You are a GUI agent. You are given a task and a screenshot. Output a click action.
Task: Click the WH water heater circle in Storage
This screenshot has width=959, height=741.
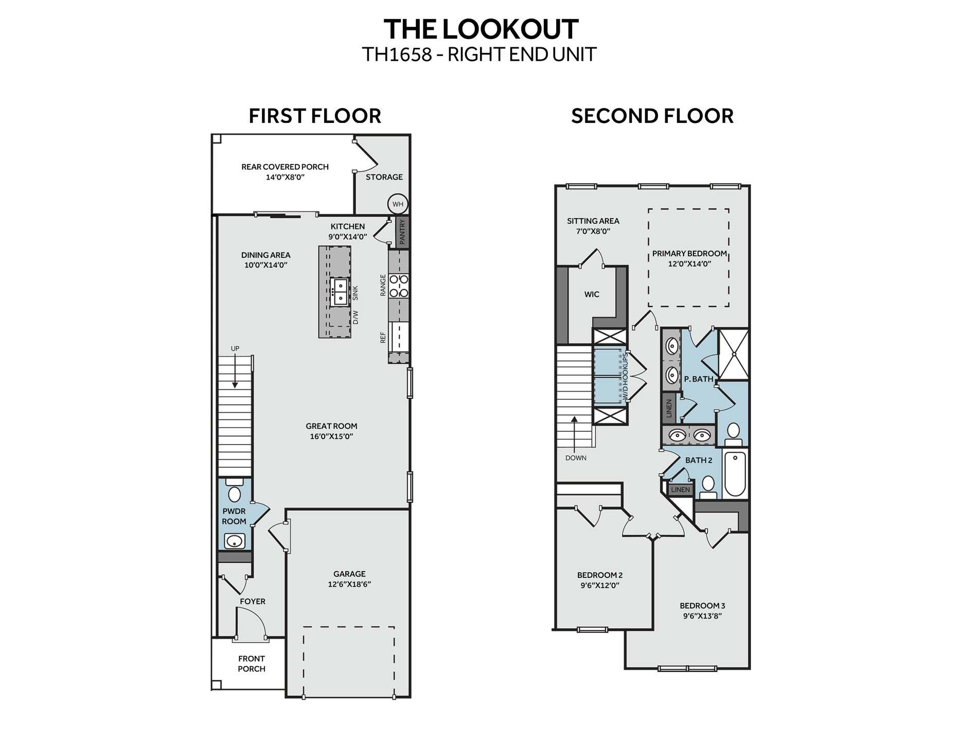(398, 204)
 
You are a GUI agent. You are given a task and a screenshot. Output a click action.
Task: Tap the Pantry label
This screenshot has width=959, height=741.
(402, 232)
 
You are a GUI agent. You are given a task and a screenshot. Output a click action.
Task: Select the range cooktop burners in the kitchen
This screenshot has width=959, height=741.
(399, 286)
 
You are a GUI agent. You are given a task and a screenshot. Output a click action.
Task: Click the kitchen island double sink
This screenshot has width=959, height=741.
(340, 292)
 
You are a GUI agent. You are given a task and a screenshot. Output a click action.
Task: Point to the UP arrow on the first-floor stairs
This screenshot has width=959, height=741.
(235, 370)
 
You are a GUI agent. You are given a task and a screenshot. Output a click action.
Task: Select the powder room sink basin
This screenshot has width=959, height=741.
(235, 541)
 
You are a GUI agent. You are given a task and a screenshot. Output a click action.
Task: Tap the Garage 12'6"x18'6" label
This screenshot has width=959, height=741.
(349, 579)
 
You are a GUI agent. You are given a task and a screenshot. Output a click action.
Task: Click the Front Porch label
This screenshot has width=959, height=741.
(252, 664)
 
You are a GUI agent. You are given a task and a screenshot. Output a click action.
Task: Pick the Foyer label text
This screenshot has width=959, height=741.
(253, 601)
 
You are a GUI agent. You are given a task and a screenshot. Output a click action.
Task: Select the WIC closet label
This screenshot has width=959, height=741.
(592, 294)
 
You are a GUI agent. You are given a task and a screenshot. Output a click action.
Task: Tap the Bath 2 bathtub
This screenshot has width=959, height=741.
(735, 473)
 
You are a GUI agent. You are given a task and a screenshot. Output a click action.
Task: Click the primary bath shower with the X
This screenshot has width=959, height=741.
(733, 354)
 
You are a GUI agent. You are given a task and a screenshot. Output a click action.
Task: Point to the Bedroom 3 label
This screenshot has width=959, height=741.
(702, 606)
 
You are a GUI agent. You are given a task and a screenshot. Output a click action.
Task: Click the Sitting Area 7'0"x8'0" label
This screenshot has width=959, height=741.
(593, 226)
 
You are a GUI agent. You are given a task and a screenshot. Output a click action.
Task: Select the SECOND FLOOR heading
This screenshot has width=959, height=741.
(652, 116)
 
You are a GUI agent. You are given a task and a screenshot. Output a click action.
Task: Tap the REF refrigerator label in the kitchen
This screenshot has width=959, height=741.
(383, 338)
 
